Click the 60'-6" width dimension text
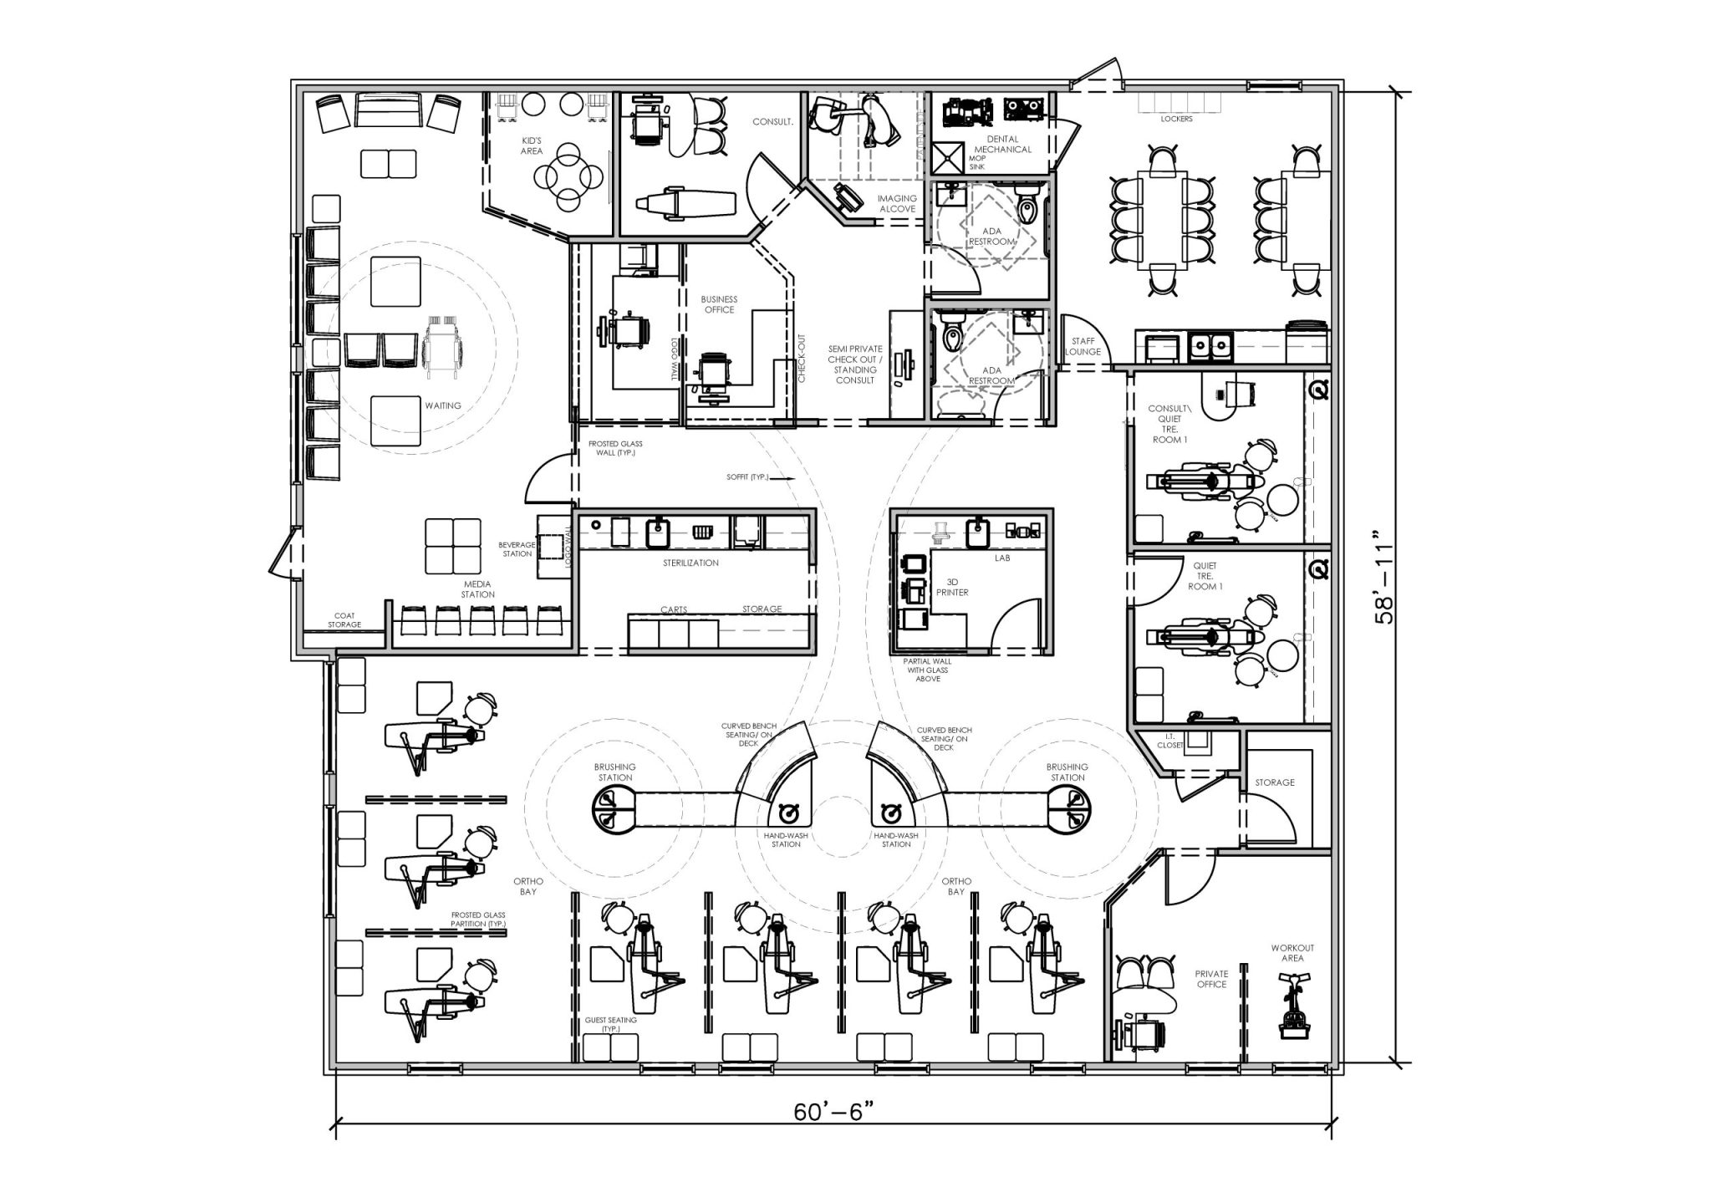834,1113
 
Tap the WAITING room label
442,405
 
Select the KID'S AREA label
532,145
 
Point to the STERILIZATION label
690,563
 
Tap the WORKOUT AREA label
1292,953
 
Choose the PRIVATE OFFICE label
1211,979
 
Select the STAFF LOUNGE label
1083,347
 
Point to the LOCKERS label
1176,120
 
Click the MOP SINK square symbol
948,158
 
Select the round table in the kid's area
568,176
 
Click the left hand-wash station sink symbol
786,813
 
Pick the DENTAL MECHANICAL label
1002,145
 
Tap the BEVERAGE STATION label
517,548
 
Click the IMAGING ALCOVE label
896,204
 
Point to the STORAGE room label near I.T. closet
1274,782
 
